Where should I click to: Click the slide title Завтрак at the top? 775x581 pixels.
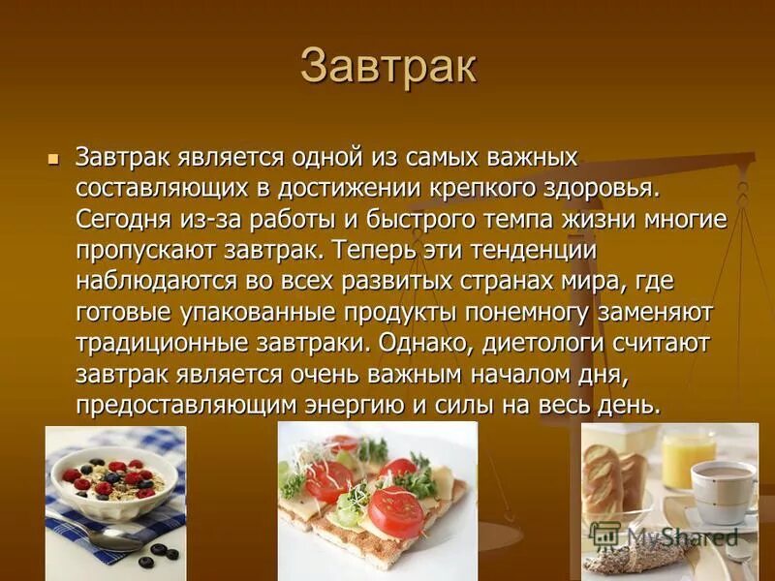pyautogui.click(x=387, y=66)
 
